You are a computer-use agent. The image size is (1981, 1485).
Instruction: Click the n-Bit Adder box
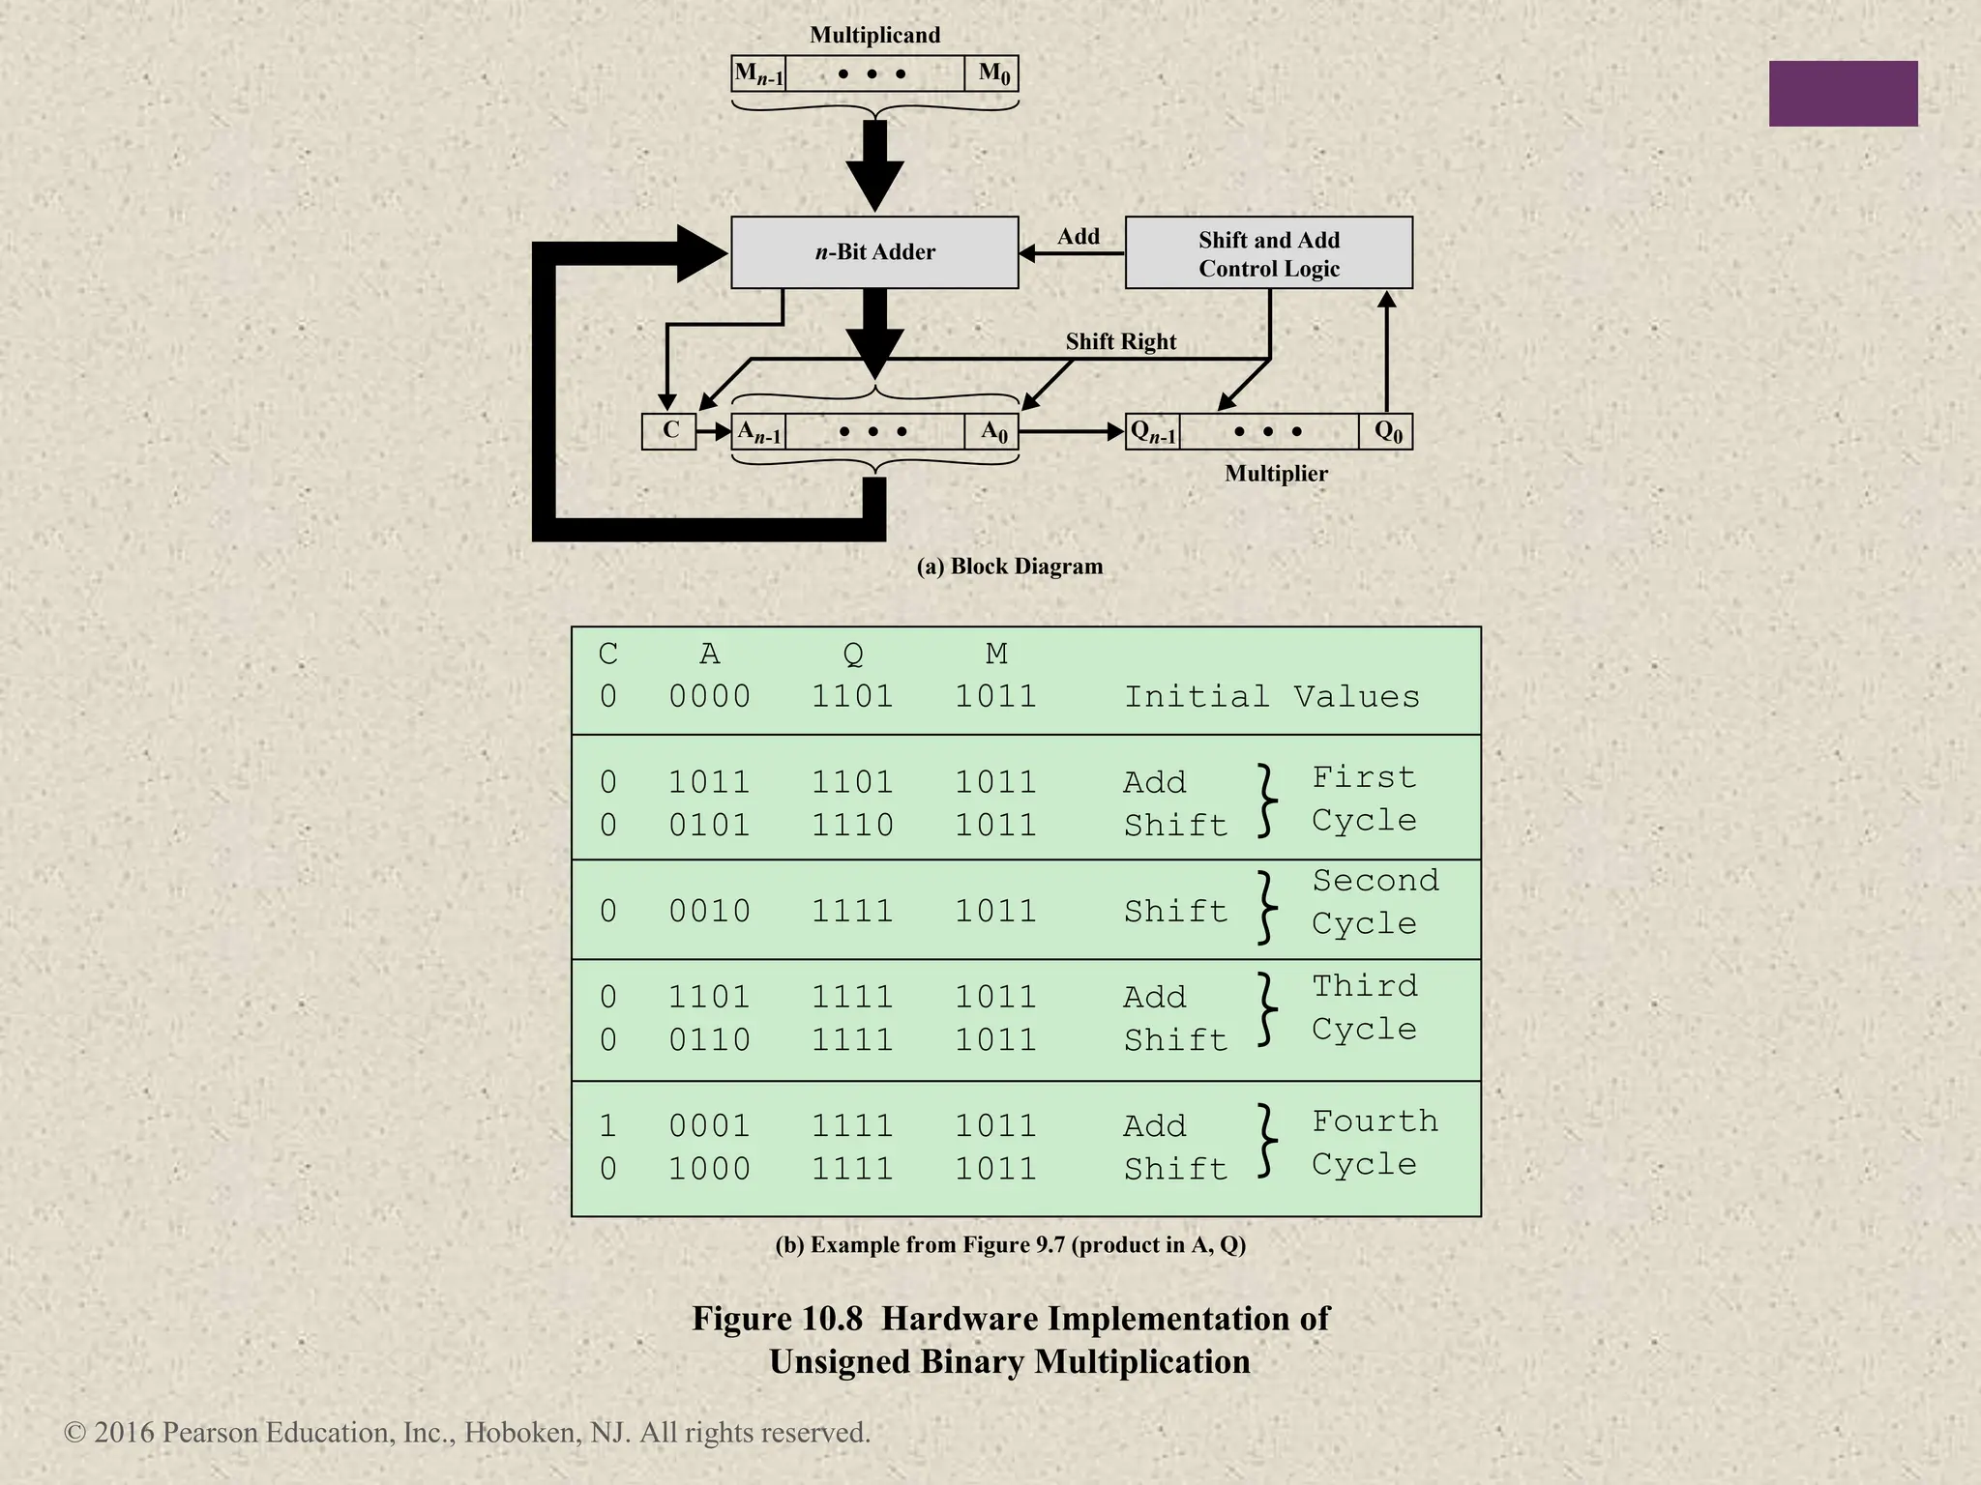pyautogui.click(x=874, y=252)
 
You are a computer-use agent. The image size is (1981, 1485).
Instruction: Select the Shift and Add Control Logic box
pyautogui.click(x=1268, y=253)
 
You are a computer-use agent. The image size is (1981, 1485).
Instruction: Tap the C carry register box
pyautogui.click(x=669, y=431)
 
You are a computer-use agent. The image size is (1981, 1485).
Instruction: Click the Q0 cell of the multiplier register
pyautogui.click(x=1387, y=432)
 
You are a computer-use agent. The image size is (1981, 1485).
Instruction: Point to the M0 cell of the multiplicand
pyautogui.click(x=992, y=73)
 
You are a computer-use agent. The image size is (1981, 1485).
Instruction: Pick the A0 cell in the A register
pyautogui.click(x=993, y=432)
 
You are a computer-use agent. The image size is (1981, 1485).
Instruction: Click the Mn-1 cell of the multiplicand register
pyautogui.click(x=758, y=73)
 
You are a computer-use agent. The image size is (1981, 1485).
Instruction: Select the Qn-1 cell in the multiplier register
pyautogui.click(x=1153, y=432)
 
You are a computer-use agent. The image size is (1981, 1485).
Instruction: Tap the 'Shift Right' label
pyautogui.click(x=1120, y=341)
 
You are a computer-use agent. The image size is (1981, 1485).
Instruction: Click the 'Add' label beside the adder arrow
pyautogui.click(x=1078, y=237)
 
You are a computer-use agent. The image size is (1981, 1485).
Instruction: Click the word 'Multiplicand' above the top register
pyautogui.click(x=874, y=36)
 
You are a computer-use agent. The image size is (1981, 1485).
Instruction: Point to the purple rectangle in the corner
pyautogui.click(x=1843, y=94)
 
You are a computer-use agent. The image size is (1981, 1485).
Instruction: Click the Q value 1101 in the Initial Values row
pyautogui.click(x=852, y=697)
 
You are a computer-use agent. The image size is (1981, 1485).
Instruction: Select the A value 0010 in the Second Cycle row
pyautogui.click(x=709, y=912)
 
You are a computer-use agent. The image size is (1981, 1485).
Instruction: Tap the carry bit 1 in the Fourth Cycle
pyautogui.click(x=607, y=1126)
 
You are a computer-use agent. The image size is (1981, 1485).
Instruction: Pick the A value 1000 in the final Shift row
pyautogui.click(x=709, y=1170)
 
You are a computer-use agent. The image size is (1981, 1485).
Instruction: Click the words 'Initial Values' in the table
pyautogui.click(x=1271, y=697)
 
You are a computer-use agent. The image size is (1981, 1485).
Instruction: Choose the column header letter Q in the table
pyautogui.click(x=852, y=655)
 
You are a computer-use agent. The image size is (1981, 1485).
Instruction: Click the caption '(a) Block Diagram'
pyautogui.click(x=1009, y=567)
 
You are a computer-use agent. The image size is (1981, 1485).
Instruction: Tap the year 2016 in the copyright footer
pyautogui.click(x=125, y=1433)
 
